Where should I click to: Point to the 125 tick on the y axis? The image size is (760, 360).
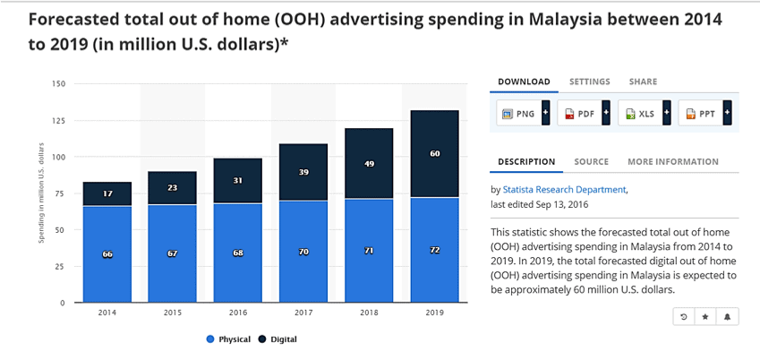59,121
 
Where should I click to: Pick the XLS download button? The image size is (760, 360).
641,114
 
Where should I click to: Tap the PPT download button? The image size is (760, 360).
702,114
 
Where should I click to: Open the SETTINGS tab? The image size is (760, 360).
589,81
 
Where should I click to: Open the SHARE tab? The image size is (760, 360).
643,81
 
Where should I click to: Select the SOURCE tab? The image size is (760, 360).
591,162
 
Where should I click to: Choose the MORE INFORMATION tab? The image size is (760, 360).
672,162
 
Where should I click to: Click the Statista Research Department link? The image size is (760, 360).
564,190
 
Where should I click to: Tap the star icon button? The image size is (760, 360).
704,317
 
